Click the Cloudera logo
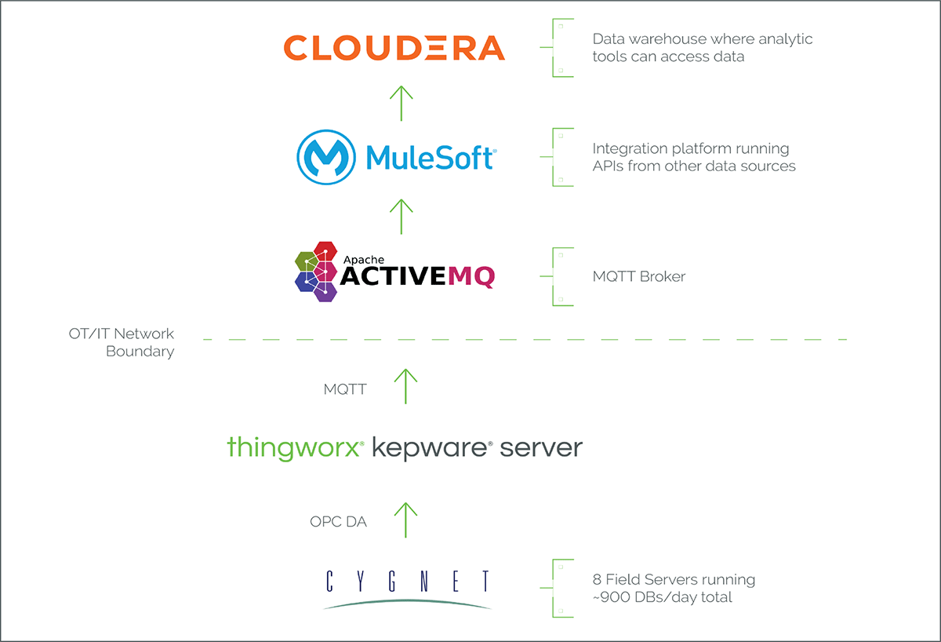394,48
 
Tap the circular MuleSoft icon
323,157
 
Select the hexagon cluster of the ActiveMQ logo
316,272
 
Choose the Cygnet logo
408,589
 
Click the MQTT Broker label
639,276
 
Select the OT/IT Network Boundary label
122,343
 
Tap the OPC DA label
338,521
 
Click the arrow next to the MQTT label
405,385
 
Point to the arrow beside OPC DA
405,519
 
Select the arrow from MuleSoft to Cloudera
401,102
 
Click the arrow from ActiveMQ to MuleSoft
401,216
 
